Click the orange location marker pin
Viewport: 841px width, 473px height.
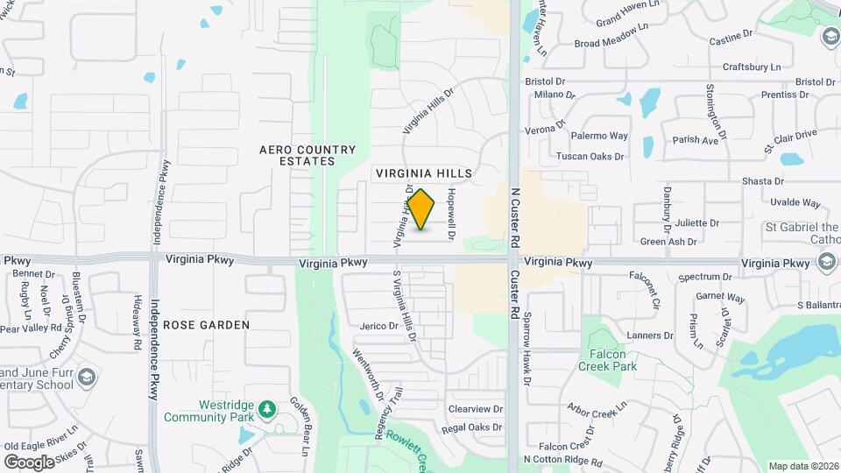coord(421,209)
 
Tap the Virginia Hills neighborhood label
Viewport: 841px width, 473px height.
coord(424,173)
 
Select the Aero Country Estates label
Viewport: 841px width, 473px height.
coord(307,155)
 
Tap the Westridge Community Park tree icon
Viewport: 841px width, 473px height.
coord(267,409)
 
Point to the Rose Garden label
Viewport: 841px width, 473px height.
coord(206,325)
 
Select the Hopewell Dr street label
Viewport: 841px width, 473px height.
coord(451,215)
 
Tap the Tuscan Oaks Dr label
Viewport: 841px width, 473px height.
coord(590,157)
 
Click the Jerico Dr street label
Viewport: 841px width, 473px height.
coord(379,326)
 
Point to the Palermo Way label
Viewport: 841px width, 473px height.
coord(599,136)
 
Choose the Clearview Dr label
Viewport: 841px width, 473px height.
coord(475,409)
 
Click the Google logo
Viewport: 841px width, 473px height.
coord(29,462)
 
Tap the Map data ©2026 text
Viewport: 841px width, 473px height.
coord(802,466)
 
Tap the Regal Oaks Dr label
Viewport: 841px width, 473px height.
coord(472,428)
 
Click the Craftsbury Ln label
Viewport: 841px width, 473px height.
coord(751,67)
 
